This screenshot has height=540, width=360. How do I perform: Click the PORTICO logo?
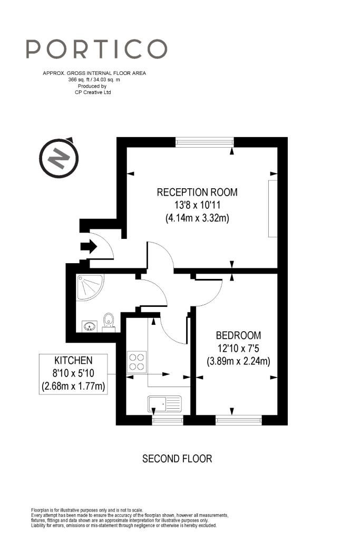tap(96, 49)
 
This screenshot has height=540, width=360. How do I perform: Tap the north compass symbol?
tap(59, 158)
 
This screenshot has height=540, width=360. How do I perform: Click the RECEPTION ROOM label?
tap(197, 192)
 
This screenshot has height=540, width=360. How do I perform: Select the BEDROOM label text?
tap(238, 335)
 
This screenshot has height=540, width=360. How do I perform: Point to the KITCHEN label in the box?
tap(73, 361)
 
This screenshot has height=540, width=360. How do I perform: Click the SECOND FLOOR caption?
tap(177, 459)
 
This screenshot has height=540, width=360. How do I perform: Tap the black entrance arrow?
tap(89, 247)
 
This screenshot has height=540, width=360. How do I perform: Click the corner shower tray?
tap(89, 287)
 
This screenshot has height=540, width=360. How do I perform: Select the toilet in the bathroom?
tap(109, 323)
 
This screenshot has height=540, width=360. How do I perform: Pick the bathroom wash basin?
tap(90, 326)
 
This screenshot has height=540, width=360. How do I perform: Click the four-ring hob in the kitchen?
tap(137, 362)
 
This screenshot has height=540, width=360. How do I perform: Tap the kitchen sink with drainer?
tap(165, 404)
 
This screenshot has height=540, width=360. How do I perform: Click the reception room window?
tap(205, 142)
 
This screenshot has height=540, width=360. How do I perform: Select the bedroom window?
tap(239, 420)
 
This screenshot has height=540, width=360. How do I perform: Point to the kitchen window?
tap(168, 420)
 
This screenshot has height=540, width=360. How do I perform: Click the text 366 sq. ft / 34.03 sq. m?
tap(94, 80)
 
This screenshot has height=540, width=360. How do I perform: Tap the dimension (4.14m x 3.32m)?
tap(197, 218)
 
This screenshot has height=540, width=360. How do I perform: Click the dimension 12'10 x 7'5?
tap(238, 348)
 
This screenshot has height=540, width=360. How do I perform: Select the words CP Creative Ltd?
tap(93, 92)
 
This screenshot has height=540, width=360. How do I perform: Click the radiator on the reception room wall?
tap(273, 208)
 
